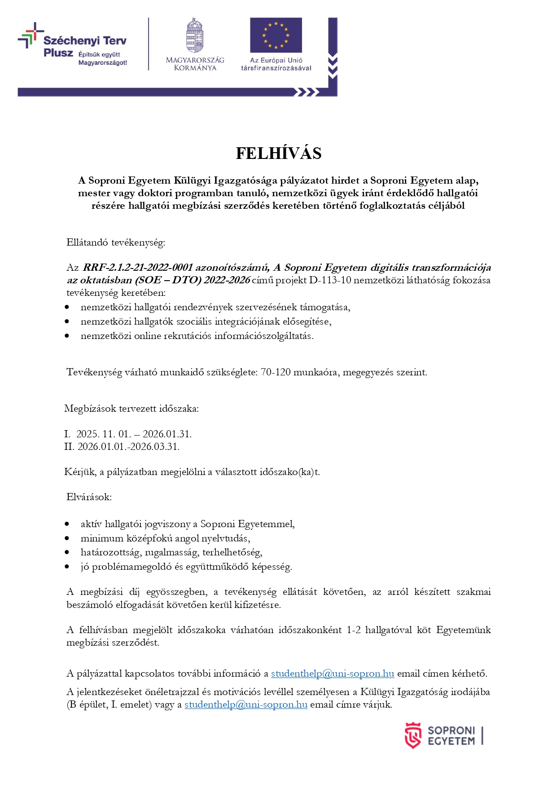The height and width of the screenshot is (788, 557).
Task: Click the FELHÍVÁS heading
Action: click(x=278, y=154)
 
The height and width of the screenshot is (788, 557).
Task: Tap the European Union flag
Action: click(x=276, y=35)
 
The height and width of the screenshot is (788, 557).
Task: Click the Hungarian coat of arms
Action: click(x=195, y=36)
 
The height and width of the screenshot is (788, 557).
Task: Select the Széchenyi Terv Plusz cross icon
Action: click(x=30, y=35)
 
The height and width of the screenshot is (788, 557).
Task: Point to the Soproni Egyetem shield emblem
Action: click(x=412, y=735)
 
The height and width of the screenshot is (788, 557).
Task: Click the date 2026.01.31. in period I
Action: click(x=167, y=434)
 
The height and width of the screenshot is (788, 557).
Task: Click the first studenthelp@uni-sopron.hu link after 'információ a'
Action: click(x=333, y=674)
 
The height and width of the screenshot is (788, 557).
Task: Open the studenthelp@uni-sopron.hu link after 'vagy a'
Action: click(x=246, y=704)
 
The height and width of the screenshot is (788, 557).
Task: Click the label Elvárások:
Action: click(x=89, y=497)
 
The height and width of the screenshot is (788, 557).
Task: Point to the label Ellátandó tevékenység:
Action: click(x=116, y=242)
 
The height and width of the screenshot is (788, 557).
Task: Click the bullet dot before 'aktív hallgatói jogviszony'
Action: click(x=67, y=524)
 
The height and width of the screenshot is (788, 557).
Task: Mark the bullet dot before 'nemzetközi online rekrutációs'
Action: click(x=67, y=336)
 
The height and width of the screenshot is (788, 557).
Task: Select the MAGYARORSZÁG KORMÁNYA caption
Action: click(x=195, y=64)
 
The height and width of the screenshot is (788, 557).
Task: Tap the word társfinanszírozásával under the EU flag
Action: click(x=276, y=68)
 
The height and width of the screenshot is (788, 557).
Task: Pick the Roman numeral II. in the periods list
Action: click(x=70, y=447)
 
